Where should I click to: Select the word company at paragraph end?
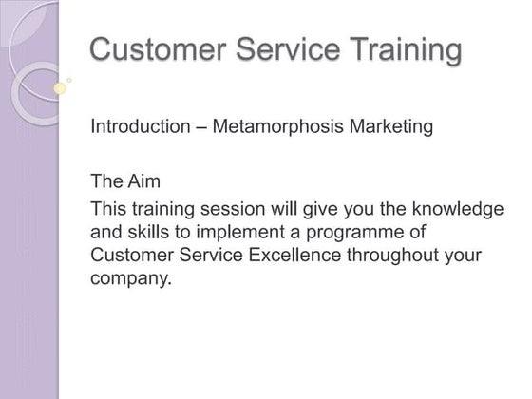click(130, 280)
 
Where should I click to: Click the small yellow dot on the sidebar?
click(60, 89)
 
